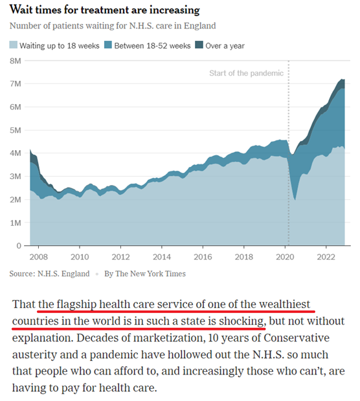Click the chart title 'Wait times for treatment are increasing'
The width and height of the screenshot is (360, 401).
click(104, 10)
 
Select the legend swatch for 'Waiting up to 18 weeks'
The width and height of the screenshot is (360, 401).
click(14, 45)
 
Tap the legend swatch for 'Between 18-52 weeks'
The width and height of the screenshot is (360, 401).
click(108, 45)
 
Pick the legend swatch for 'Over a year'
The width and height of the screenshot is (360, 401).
click(199, 45)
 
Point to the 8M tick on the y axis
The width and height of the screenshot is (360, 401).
click(16, 61)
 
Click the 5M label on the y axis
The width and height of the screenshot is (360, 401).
click(16, 130)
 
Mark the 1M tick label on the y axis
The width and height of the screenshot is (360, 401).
click(16, 222)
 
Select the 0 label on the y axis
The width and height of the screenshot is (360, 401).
click(19, 246)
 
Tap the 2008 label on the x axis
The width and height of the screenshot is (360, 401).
click(39, 257)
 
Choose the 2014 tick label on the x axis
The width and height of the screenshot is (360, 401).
click(162, 257)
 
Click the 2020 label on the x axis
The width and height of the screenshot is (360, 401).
click(285, 257)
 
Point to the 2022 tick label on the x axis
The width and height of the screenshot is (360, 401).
click(326, 257)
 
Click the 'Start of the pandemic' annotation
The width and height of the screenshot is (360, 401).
click(246, 73)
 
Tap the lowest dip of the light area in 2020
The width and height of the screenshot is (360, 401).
click(295, 200)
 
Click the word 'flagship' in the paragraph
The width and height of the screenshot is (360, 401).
click(76, 305)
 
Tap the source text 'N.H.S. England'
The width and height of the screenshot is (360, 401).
click(63, 274)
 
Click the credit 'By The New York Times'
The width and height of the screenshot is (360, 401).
click(145, 274)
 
